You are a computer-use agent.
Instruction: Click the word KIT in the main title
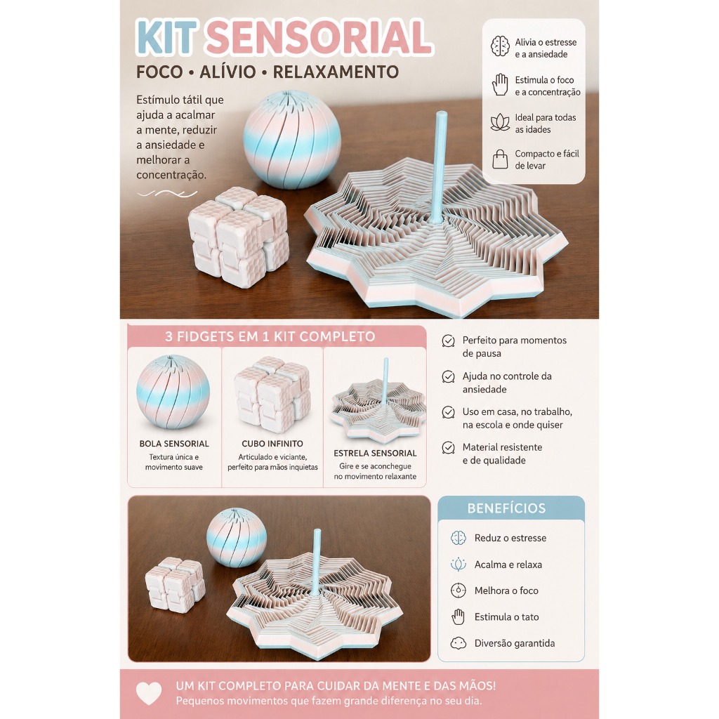coord(166,38)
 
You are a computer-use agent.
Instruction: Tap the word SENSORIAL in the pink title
coord(318,38)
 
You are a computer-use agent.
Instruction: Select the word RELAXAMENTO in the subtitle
coord(336,72)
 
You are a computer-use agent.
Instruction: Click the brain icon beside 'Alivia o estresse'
coord(500,46)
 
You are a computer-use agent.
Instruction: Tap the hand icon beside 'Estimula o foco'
coord(500,84)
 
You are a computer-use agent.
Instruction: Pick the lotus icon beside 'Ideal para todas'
coord(500,122)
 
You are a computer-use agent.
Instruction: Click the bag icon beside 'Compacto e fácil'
coord(500,159)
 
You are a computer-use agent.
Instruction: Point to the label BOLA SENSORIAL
coord(174,444)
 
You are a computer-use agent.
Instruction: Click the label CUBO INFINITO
coord(272,444)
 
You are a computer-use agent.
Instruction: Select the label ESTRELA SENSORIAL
coord(375,453)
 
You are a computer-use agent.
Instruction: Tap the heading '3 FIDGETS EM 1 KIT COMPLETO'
coord(270,336)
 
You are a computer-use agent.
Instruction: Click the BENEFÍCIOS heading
coord(506,508)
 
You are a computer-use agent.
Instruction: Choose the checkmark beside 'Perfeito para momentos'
coord(448,341)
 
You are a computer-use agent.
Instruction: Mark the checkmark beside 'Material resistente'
coord(448,447)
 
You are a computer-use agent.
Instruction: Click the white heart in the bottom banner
coord(149,693)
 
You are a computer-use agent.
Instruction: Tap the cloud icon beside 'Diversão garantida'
coord(458,643)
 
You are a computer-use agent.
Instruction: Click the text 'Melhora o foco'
coord(506,591)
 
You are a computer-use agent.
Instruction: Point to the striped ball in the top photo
coord(292,140)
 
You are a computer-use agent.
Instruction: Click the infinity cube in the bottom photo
coord(175,585)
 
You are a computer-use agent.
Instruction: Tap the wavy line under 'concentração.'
coord(167,194)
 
